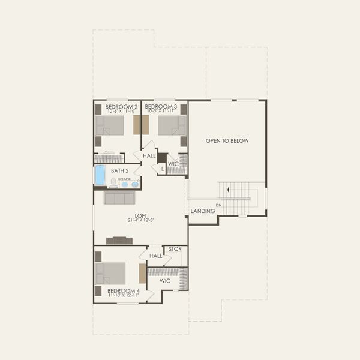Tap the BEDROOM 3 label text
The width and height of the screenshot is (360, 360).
click(x=161, y=106)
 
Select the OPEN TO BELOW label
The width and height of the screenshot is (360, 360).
click(x=227, y=141)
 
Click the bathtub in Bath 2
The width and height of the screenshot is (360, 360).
click(x=100, y=175)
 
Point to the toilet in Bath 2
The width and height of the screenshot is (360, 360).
click(x=113, y=183)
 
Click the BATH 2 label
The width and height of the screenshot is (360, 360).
click(x=120, y=170)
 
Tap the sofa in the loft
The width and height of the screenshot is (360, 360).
click(x=119, y=197)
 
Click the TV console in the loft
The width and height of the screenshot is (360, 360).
click(x=119, y=241)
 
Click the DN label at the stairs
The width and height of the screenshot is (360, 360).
click(x=218, y=205)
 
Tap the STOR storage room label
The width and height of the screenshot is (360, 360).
click(x=175, y=248)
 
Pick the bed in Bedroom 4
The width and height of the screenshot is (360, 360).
click(x=110, y=274)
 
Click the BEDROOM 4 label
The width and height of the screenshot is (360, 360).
click(x=124, y=291)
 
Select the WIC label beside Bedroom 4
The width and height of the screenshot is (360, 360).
click(x=165, y=280)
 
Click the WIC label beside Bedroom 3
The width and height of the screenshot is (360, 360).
click(x=173, y=164)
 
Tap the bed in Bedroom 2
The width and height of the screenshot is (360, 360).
click(x=110, y=125)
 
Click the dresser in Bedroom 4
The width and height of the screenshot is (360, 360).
click(x=142, y=274)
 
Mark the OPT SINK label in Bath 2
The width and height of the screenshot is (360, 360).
click(x=124, y=179)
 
